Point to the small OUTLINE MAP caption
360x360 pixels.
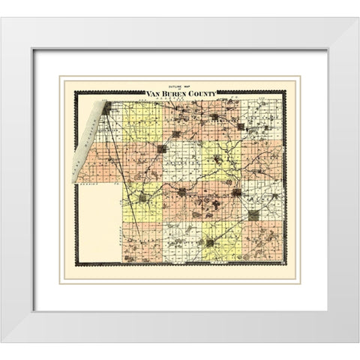pyautogui.click(x=180, y=88)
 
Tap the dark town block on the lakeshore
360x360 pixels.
pyautogui.click(x=107, y=108)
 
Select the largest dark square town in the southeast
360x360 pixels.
pyautogui.click(x=253, y=214)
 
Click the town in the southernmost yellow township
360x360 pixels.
pyautogui.click(x=211, y=242)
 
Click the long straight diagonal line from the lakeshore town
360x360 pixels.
pyautogui.click(x=124, y=187)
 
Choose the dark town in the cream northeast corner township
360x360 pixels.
pyautogui.click(x=241, y=127)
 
